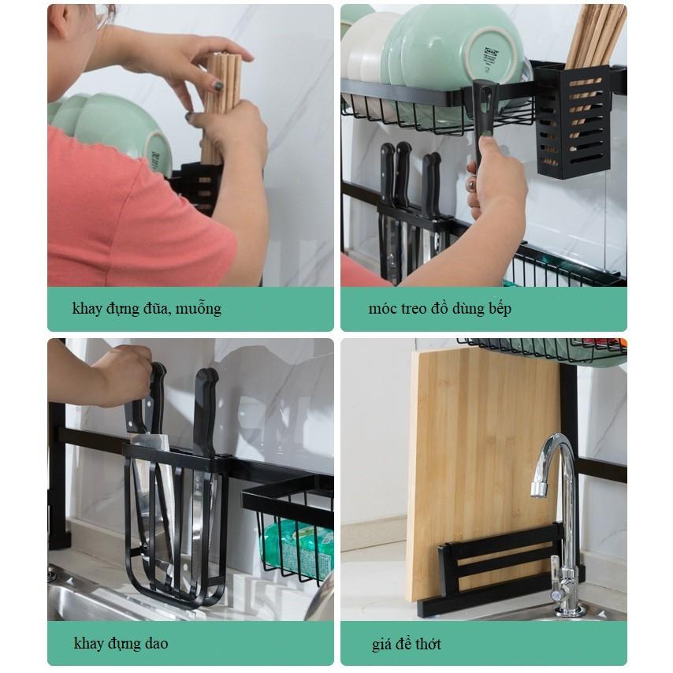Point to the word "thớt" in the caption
pos(426,644)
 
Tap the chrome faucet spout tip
pos(539,489)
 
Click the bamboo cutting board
pos(483,472)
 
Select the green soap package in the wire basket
pos(297,547)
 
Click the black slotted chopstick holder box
pos(573,122)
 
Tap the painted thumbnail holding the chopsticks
pos(218,86)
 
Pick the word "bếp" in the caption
pos(500,309)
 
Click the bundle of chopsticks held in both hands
pos(221,110)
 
